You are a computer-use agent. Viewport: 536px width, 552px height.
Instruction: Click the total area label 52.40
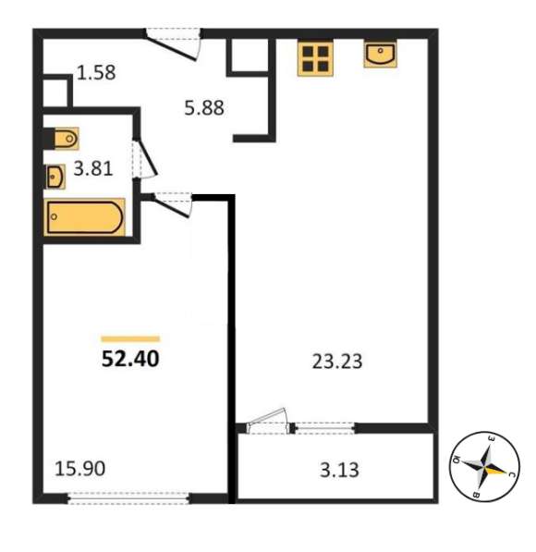point(130,359)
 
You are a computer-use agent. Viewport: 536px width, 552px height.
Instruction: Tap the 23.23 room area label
point(337,362)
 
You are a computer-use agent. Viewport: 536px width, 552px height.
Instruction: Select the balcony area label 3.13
point(339,470)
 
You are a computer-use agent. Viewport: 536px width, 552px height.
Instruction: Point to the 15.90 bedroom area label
point(79,469)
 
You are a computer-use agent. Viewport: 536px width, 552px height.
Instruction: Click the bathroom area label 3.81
point(93,168)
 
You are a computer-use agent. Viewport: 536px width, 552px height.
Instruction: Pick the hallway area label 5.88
point(204,108)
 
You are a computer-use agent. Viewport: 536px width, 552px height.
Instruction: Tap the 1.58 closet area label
point(96,72)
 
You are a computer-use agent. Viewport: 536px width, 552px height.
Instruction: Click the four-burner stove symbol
point(315,58)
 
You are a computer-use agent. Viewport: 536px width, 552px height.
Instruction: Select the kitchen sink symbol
point(380,54)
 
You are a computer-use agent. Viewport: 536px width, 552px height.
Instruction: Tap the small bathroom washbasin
point(55,177)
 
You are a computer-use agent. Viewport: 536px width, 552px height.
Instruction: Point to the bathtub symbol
point(84,217)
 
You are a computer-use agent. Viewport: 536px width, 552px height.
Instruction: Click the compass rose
point(485,466)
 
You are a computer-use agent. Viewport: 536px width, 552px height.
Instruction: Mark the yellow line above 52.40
point(130,339)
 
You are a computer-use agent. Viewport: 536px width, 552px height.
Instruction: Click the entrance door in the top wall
point(174,43)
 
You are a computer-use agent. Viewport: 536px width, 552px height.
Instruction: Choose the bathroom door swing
point(145,159)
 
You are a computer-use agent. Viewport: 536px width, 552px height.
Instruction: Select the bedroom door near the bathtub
point(172,204)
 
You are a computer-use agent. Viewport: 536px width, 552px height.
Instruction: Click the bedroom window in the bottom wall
point(128,498)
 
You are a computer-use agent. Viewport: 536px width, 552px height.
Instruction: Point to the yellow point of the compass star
point(497,470)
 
